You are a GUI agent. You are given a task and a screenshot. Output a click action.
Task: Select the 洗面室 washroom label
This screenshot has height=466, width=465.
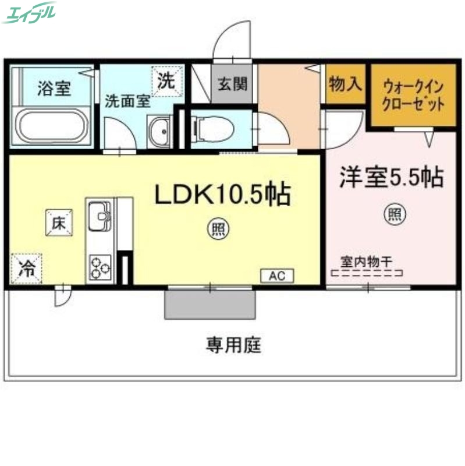click(x=127, y=100)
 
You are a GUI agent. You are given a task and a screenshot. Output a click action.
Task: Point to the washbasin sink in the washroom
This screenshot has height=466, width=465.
click(x=159, y=132)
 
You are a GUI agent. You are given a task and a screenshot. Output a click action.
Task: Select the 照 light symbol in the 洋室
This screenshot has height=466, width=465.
click(x=394, y=214)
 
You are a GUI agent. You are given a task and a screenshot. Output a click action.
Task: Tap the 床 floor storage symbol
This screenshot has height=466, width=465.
click(x=59, y=222)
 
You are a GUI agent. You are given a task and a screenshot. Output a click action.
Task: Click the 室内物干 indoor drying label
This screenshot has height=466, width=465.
click(x=365, y=262)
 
